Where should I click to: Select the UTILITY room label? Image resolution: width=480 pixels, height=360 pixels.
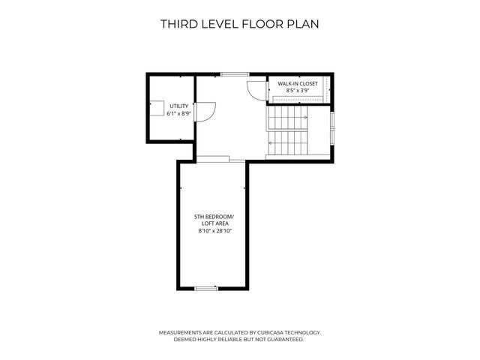[178, 106]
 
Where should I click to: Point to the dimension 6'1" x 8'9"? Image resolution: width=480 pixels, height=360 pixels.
[178, 113]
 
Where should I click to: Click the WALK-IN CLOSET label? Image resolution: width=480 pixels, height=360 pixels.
[298, 83]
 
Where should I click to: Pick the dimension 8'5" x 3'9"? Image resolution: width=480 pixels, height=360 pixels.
[298, 91]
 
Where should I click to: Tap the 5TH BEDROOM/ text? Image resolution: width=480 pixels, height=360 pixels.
[214, 217]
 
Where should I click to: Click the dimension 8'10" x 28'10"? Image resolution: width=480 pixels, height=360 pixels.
[215, 231]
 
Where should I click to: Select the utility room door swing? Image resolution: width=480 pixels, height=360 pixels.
[205, 112]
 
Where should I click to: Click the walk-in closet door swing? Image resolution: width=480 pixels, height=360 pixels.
[256, 91]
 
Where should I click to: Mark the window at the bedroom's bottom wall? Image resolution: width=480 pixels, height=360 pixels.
[206, 288]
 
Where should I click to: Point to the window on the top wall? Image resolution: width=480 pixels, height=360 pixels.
[235, 74]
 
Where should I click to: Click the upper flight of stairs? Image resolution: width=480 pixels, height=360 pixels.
[288, 118]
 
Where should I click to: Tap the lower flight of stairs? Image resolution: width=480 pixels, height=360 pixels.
[288, 143]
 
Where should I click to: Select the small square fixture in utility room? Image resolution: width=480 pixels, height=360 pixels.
[157, 108]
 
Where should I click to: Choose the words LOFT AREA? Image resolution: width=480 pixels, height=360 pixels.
[215, 223]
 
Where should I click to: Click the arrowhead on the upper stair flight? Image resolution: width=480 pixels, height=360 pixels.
[305, 118]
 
